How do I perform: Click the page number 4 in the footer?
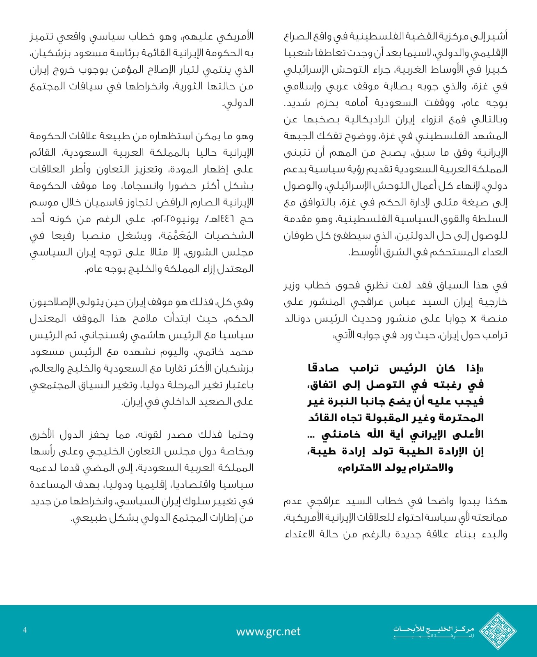25,630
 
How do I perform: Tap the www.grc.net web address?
268,632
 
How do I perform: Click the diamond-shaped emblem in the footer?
498,631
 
